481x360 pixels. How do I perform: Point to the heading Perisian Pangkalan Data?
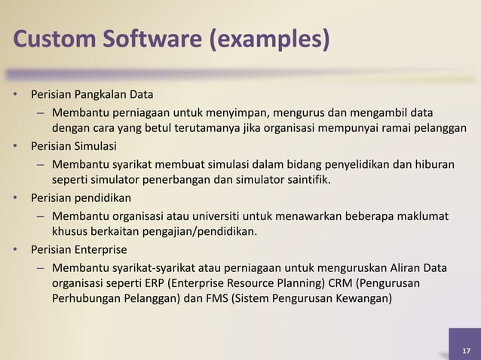click(x=92, y=96)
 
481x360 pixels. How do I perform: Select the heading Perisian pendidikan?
click(x=81, y=199)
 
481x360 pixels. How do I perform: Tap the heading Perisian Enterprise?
click(x=79, y=249)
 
